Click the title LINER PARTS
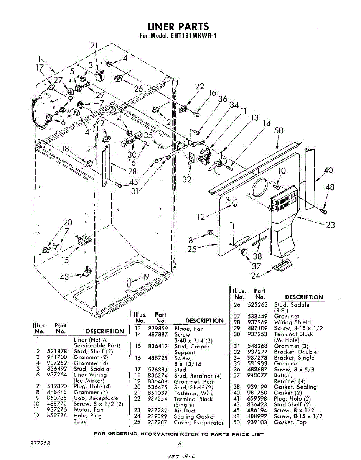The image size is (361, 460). pyautogui.click(x=178, y=26)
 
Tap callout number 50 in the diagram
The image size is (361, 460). pyautogui.click(x=279, y=131)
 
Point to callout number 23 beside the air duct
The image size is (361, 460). pyautogui.click(x=330, y=225)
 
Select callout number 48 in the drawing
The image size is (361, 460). pyautogui.click(x=330, y=187)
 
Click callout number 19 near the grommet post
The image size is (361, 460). pyautogui.click(x=145, y=277)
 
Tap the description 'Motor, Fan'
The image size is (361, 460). pyautogui.click(x=89, y=410)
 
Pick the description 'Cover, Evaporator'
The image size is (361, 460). pyautogui.click(x=199, y=422)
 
